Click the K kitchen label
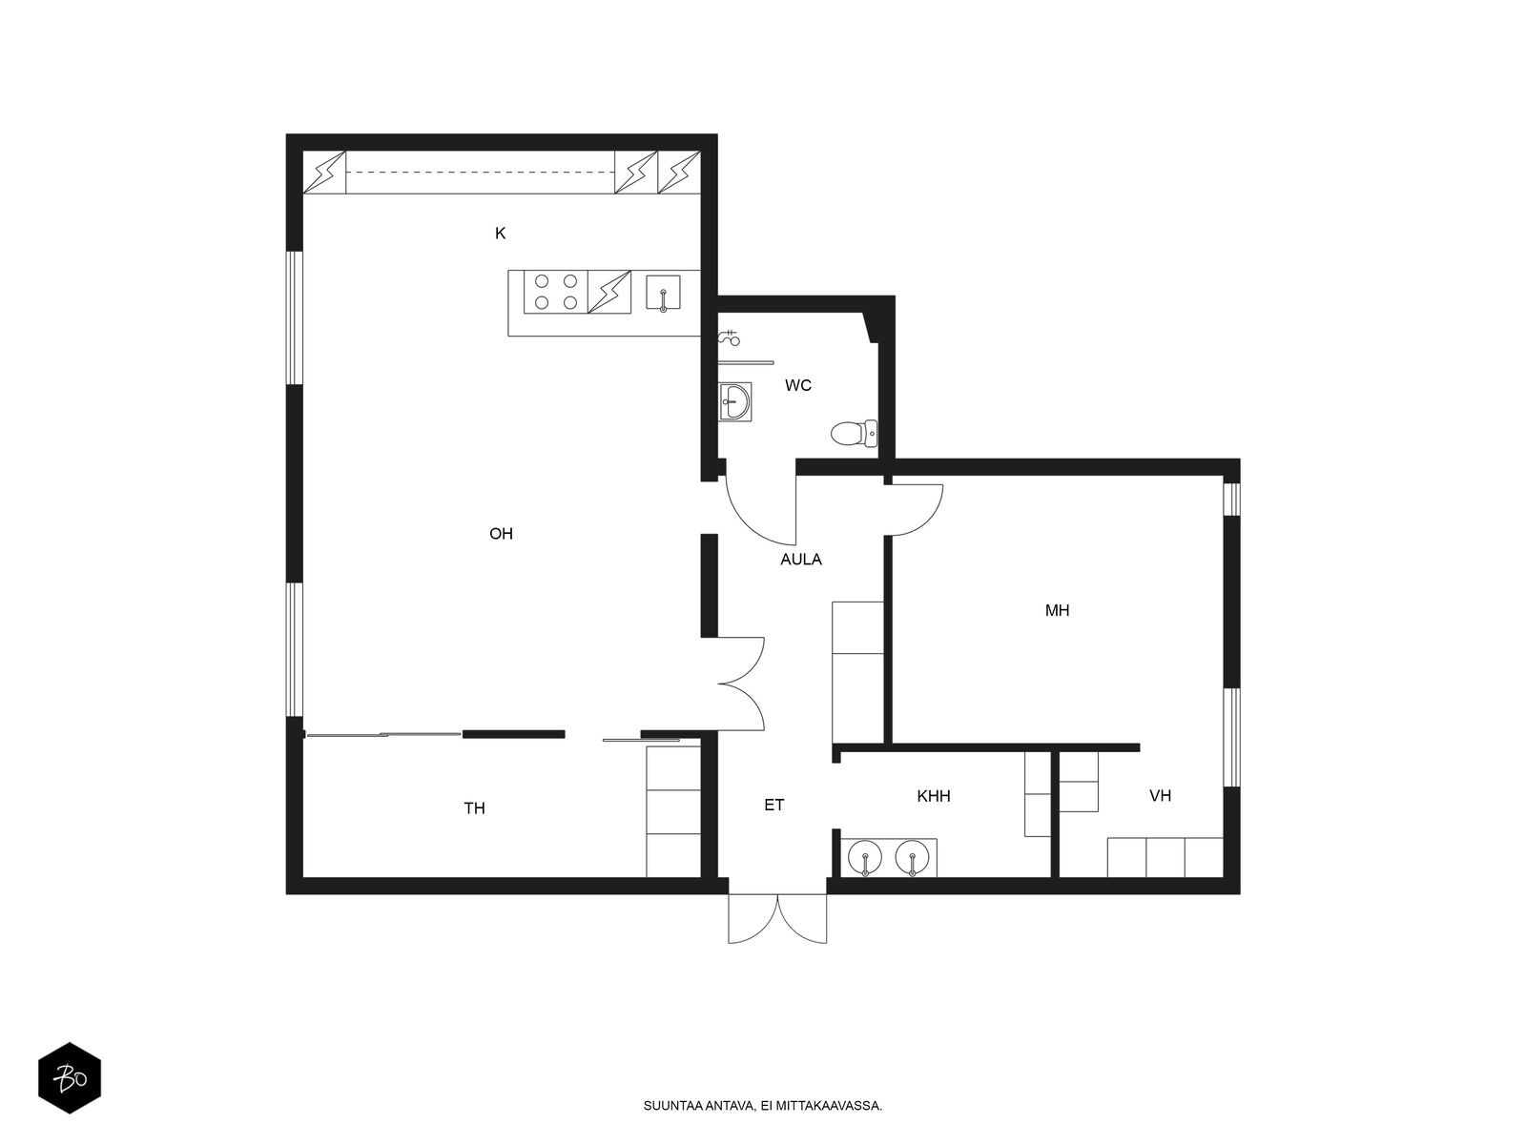pyautogui.click(x=500, y=234)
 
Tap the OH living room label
pyautogui.click(x=501, y=534)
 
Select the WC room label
pyautogui.click(x=797, y=385)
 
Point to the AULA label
pyautogui.click(x=801, y=560)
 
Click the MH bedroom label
pyautogui.click(x=1057, y=610)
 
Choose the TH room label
pyautogui.click(x=474, y=807)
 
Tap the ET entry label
pyautogui.click(x=773, y=805)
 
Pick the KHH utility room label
pyautogui.click(x=933, y=796)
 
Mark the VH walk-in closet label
pyautogui.click(x=1160, y=796)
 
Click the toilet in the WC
pyautogui.click(x=855, y=434)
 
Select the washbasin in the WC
pyautogui.click(x=734, y=401)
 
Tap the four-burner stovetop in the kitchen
pyautogui.click(x=555, y=292)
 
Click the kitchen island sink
pyautogui.click(x=663, y=292)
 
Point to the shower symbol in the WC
pyautogui.click(x=729, y=338)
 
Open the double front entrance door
pyautogui.click(x=777, y=918)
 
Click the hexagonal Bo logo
pyautogui.click(x=70, y=1078)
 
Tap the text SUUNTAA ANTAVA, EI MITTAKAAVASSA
pyautogui.click(x=763, y=1106)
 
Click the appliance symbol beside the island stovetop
pyautogui.click(x=609, y=292)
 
